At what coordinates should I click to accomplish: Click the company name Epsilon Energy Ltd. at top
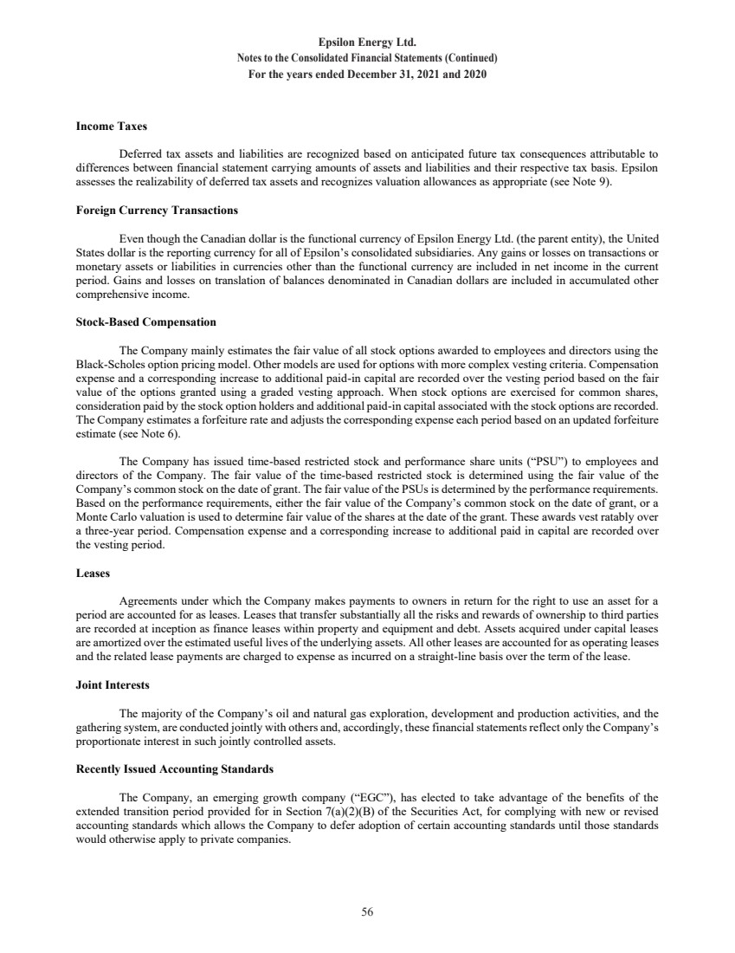tap(367, 42)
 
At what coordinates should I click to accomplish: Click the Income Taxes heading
tap(112, 126)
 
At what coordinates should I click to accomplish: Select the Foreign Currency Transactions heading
tap(157, 211)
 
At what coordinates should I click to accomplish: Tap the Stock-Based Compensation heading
tap(146, 322)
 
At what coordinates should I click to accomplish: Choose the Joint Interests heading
tap(113, 685)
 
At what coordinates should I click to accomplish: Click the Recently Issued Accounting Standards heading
tap(174, 769)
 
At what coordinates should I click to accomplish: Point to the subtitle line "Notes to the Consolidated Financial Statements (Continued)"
tap(367, 58)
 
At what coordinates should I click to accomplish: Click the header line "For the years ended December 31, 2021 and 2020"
tap(367, 75)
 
